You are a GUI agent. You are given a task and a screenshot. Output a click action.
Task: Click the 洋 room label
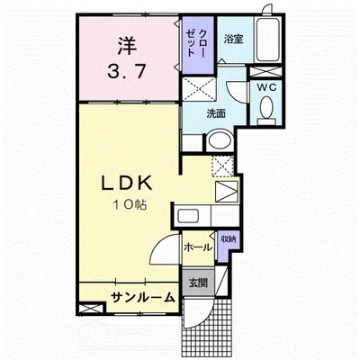(127, 46)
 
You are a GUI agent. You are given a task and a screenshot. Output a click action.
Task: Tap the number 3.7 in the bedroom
(127, 71)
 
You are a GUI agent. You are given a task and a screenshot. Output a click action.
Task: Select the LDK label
(127, 184)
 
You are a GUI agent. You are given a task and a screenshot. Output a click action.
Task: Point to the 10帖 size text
(130, 205)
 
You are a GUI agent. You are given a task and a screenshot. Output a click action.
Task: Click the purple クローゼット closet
(198, 45)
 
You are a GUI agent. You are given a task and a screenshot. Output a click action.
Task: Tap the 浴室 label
(233, 40)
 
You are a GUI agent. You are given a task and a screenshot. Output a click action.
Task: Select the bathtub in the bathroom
(267, 39)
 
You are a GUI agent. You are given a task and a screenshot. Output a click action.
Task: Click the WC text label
(266, 87)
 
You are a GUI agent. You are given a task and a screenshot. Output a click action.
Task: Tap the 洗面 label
(216, 114)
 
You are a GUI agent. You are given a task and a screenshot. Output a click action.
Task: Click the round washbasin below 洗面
(220, 139)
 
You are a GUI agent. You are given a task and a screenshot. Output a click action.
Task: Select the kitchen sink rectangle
(188, 215)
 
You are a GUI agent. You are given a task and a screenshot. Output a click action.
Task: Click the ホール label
(198, 247)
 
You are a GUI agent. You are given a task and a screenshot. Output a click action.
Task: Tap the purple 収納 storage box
(228, 246)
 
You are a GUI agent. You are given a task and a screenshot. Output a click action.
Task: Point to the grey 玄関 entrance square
(198, 283)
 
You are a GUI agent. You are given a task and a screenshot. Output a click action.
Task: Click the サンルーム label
(143, 297)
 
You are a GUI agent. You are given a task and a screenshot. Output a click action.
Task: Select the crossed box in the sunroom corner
(90, 309)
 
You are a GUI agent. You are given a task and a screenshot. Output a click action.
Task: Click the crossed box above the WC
(265, 72)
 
